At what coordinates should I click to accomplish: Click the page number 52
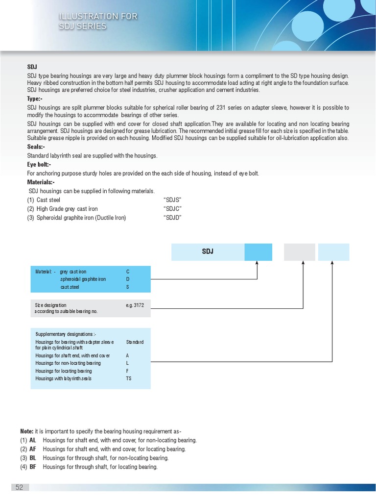coord(20,487)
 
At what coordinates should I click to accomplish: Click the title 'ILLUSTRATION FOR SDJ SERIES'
coord(98,21)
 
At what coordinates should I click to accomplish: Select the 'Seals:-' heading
coord(36,147)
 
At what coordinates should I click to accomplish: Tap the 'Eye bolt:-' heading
coord(39,165)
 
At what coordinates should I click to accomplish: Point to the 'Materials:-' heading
coord(41,182)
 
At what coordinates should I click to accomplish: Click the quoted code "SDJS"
coord(172,200)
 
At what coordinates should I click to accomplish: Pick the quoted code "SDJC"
coord(172,209)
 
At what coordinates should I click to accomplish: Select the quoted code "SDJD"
coord(172,218)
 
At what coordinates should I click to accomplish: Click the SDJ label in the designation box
coord(208,252)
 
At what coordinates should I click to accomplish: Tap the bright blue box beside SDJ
coord(258,252)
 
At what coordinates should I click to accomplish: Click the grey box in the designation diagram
coord(300,252)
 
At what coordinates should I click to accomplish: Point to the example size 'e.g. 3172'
coord(135,305)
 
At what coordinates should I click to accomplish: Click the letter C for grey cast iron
coord(128,272)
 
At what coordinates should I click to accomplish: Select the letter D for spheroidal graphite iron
coord(128,279)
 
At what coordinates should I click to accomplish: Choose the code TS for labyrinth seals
coord(129,378)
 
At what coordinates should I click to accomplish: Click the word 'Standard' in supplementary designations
coord(135,342)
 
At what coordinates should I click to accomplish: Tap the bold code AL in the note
coord(33,441)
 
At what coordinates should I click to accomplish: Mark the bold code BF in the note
coord(33,467)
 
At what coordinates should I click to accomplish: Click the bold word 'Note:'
coord(26,431)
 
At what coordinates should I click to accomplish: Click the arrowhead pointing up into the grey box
coord(304,263)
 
